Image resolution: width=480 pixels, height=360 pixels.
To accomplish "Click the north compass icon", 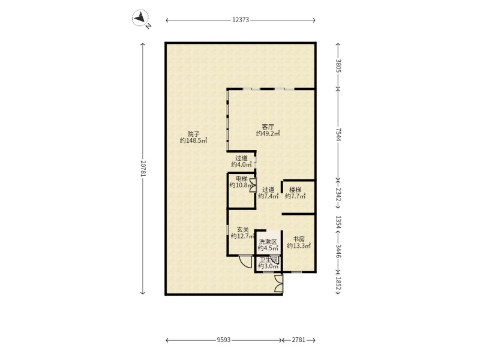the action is pyautogui.click(x=140, y=18).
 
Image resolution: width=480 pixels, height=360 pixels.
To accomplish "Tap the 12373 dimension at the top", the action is pyautogui.click(x=241, y=20).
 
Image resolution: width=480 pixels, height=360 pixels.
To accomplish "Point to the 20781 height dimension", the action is pyautogui.click(x=143, y=168).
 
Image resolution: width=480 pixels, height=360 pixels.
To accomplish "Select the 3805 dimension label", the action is pyautogui.click(x=338, y=66).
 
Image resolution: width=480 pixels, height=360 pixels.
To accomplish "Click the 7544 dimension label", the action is pyautogui.click(x=338, y=134).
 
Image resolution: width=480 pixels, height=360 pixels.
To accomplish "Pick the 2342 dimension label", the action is pyautogui.click(x=338, y=194).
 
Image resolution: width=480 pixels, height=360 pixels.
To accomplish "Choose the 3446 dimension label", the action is pyautogui.click(x=338, y=251).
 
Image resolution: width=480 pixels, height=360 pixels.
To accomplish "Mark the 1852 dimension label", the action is pyautogui.click(x=338, y=283).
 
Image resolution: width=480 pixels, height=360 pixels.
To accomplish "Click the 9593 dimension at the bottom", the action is pyautogui.click(x=223, y=340).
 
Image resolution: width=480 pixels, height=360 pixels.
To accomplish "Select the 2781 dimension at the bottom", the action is pyautogui.click(x=298, y=340).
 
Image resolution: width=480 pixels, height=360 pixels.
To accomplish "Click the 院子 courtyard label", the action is pyautogui.click(x=193, y=134).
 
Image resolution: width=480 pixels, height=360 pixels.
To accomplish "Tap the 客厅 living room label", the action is pyautogui.click(x=268, y=127).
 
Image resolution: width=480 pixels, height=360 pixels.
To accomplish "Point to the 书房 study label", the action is pyautogui.click(x=299, y=239).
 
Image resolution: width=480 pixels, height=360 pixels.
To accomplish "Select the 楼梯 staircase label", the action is pyautogui.click(x=295, y=190).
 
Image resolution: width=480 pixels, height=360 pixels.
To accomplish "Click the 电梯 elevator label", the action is pyautogui.click(x=241, y=178).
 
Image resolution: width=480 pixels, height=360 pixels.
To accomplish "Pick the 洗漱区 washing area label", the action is pyautogui.click(x=268, y=242).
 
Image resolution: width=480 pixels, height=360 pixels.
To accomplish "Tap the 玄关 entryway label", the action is pyautogui.click(x=243, y=230).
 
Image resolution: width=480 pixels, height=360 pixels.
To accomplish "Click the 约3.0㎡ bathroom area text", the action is pyautogui.click(x=268, y=266).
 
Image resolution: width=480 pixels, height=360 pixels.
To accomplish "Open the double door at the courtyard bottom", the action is pyautogui.click(x=278, y=283).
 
